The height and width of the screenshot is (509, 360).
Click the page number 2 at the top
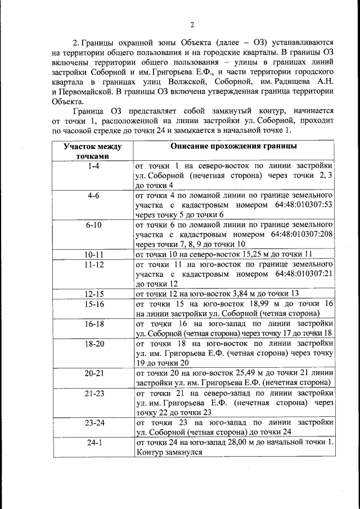coord(192,24)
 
